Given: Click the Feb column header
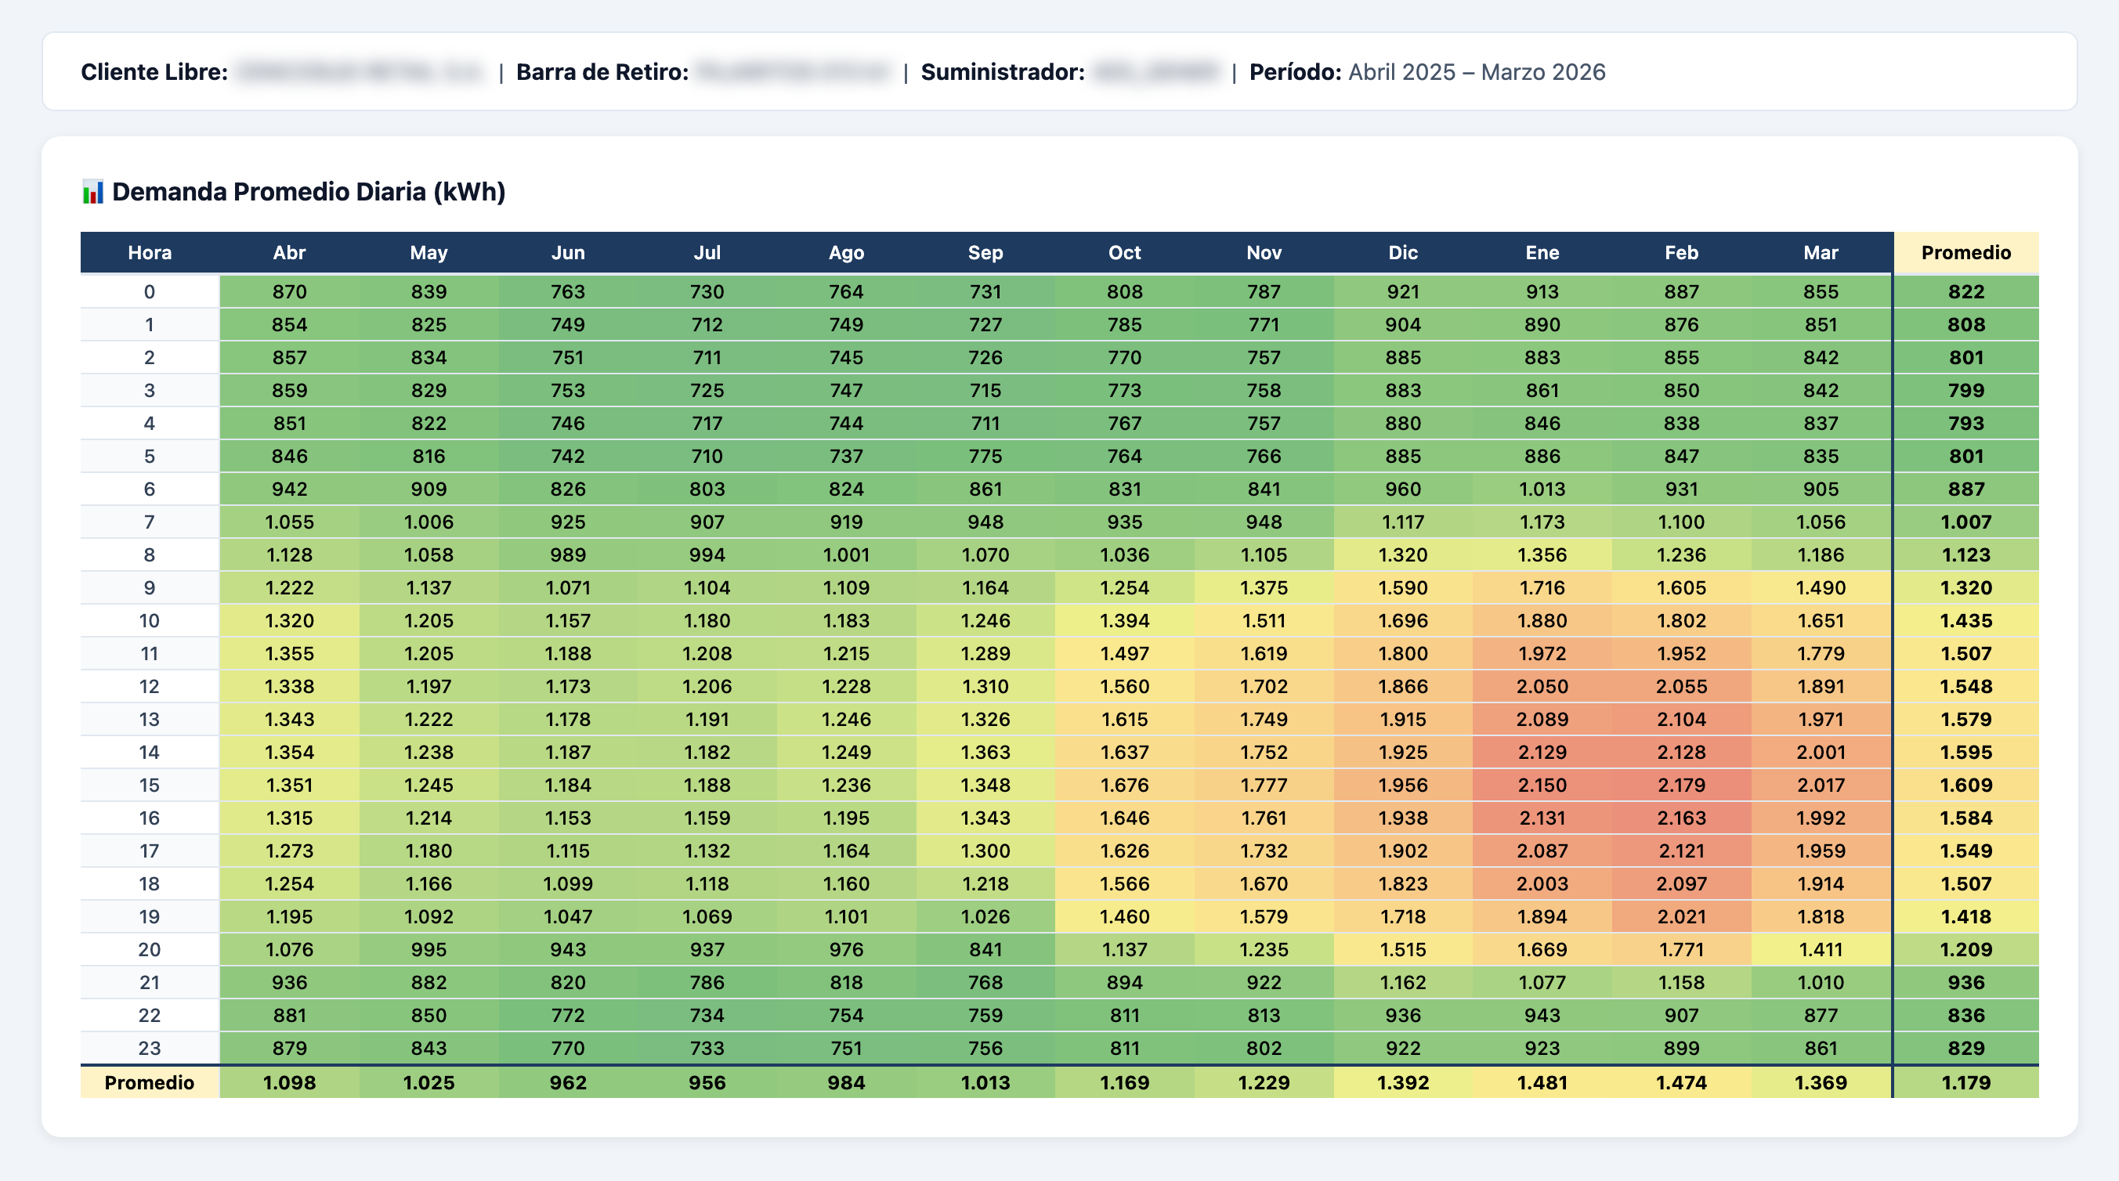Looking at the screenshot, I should coord(1680,252).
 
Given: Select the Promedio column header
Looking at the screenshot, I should coord(1965,252).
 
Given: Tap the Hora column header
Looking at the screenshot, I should coord(150,252).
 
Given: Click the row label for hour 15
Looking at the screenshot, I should coord(150,785).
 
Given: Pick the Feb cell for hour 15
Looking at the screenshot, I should coord(1680,785).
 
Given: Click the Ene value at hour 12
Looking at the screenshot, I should coord(1542,686).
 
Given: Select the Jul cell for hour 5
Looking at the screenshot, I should coord(707,456).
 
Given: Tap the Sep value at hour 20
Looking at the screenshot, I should coord(985,949).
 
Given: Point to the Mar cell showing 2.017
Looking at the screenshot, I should coord(1820,785).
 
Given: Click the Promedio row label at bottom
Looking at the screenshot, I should coord(150,1082).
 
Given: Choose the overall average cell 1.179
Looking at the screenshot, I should coord(1965,1082).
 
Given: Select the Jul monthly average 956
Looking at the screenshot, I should coord(707,1082).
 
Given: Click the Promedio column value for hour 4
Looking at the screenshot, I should coord(1965,423).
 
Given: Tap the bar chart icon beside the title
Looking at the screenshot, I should coord(93,193).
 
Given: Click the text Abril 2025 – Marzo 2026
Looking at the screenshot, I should coord(1476,72).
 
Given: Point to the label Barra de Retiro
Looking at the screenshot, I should coord(602,72).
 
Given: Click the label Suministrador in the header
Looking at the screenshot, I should coord(1002,72).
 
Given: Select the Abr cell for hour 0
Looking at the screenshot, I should coord(290,291).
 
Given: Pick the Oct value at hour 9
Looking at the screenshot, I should coord(1123,587).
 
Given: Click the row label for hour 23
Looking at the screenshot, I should coord(150,1048).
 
